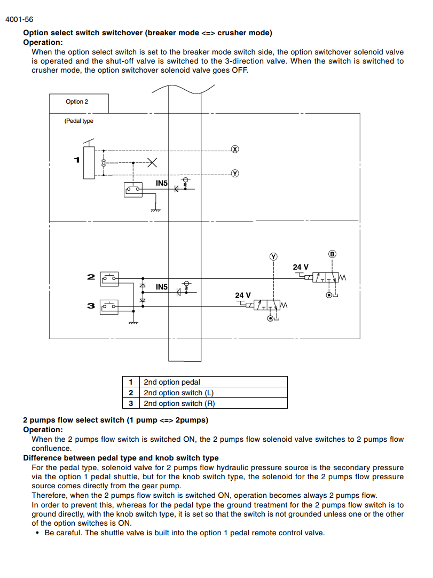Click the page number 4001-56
point(19,20)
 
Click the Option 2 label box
point(79,103)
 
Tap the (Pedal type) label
point(79,121)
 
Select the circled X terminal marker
point(235,149)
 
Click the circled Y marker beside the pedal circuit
point(235,173)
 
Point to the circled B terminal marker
point(332,254)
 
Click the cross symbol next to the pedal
point(152,162)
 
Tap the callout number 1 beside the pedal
point(77,160)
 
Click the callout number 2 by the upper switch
point(91,277)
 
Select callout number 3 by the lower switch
point(91,306)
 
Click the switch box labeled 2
point(109,279)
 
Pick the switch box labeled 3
point(109,307)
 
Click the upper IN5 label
point(161,183)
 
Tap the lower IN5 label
point(161,287)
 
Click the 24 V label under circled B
point(301,267)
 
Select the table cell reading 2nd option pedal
point(214,382)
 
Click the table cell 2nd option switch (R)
point(214,403)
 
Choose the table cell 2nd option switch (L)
point(214,393)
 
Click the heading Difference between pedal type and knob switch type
point(121,458)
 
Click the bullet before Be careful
point(37,533)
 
